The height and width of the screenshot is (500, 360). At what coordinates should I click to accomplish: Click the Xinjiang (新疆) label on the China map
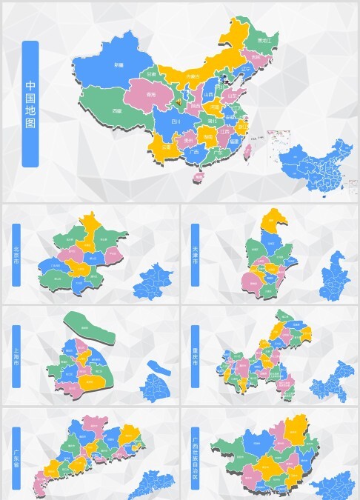click(119, 65)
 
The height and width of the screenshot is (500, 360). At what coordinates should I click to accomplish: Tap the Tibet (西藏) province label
click(116, 110)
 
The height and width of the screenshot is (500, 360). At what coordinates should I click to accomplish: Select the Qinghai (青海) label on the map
click(151, 94)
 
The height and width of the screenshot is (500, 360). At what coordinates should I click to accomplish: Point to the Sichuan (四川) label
click(176, 120)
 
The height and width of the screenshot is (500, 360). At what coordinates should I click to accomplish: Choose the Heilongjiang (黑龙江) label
click(264, 40)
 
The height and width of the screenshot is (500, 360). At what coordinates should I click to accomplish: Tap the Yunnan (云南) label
click(167, 147)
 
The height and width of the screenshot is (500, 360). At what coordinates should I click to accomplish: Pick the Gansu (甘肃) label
click(152, 74)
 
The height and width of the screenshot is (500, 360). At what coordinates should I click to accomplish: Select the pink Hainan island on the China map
click(198, 177)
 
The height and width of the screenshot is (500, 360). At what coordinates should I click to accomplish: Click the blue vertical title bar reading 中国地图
click(30, 103)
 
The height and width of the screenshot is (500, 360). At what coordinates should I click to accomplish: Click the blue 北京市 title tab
click(17, 255)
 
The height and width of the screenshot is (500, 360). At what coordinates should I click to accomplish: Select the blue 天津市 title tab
click(196, 255)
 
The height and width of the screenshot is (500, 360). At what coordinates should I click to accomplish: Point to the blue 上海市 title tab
click(17, 356)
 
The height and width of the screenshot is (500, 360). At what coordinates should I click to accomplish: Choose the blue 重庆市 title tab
click(196, 356)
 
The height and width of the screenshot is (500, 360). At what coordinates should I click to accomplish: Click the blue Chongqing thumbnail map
click(334, 383)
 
